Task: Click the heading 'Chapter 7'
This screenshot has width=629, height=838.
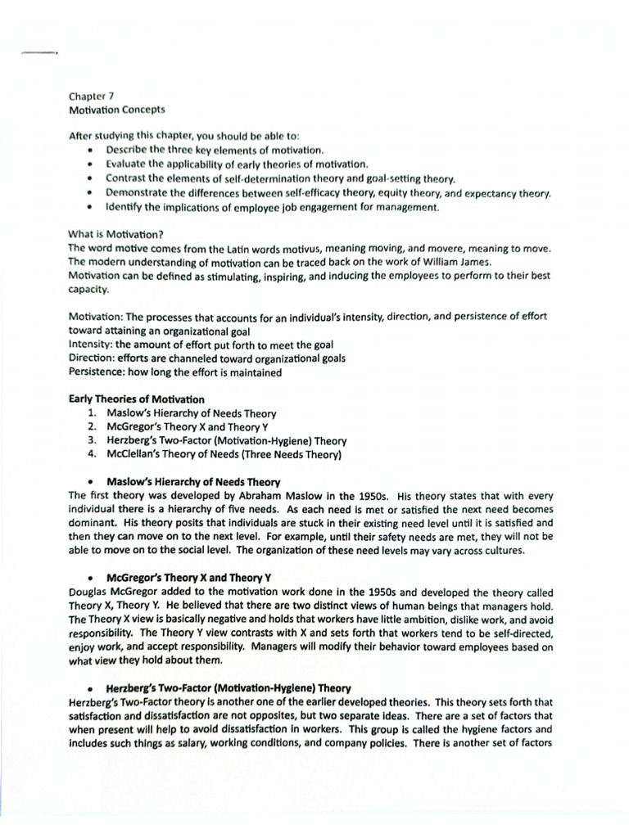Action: [91, 96]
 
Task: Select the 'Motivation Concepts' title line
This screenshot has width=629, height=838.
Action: [116, 109]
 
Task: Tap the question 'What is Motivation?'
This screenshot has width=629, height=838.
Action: [115, 234]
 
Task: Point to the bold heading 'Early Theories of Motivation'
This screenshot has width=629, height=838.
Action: [136, 399]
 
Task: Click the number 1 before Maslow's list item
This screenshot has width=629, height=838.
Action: [92, 413]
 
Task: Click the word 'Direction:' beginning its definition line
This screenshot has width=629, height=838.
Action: [91, 358]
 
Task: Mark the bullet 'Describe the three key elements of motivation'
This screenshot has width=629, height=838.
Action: [215, 151]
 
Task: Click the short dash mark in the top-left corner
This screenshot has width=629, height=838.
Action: [38, 53]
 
